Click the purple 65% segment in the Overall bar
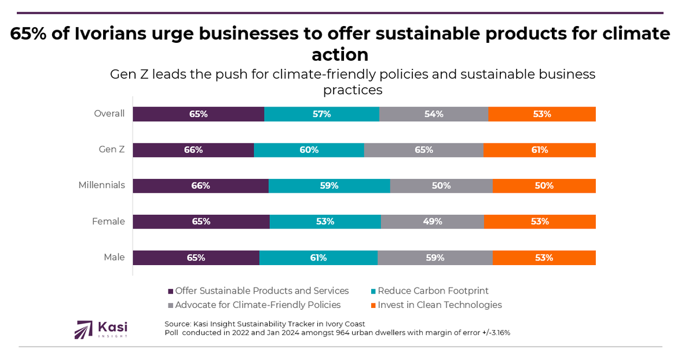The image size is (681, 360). coord(198,114)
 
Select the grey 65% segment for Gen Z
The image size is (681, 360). coord(423,150)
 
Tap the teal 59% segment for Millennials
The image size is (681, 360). coord(329,186)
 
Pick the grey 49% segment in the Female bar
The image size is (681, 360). coord(432,222)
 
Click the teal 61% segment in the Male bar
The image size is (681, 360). coord(318,258)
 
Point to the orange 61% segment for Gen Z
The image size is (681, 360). coord(539,150)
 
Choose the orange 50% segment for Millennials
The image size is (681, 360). coord(544,186)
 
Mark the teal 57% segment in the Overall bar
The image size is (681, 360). coord(321,114)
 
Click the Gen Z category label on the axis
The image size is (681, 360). coord(112,149)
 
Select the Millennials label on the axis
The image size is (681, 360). coord(102,185)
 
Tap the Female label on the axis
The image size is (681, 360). coord(108,221)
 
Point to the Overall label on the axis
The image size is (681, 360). coord(109,113)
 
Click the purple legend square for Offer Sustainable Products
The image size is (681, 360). coord(171,291)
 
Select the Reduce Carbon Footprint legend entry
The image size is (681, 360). coord(433,291)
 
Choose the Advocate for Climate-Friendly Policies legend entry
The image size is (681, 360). coord(258,304)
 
